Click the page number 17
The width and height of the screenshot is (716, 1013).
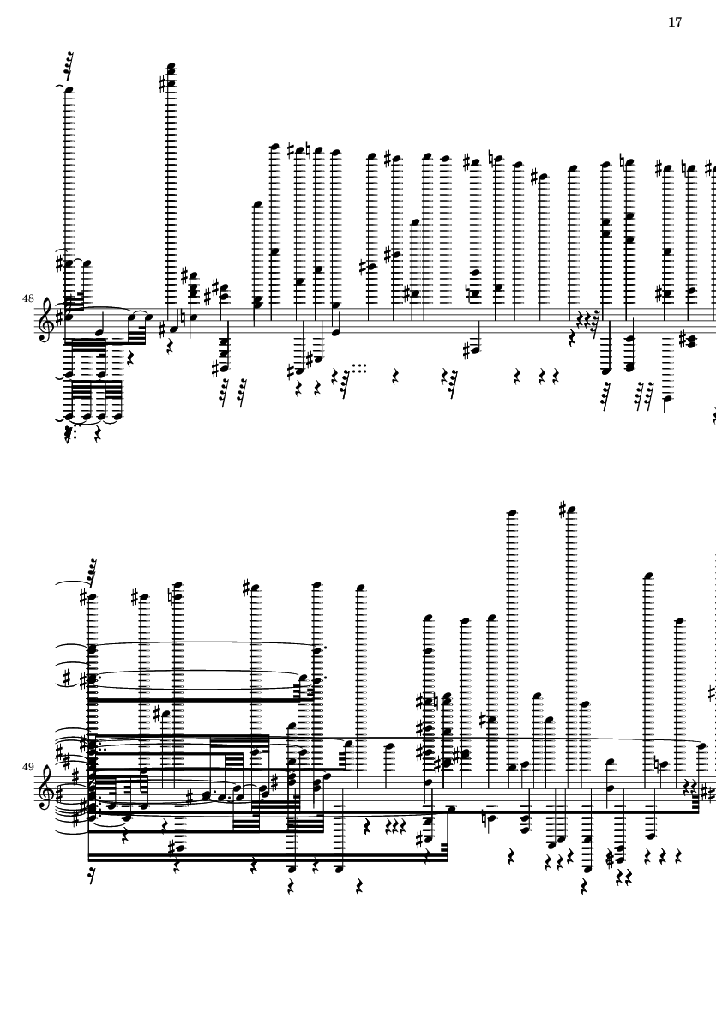(x=675, y=22)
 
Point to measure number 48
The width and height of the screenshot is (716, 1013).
(x=27, y=298)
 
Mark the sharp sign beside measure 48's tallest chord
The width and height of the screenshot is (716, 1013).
(x=162, y=84)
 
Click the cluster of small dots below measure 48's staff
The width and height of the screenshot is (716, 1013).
(x=359, y=368)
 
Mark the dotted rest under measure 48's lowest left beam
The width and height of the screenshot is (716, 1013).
(x=69, y=437)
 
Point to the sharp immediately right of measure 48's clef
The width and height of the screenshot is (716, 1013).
(x=59, y=318)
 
